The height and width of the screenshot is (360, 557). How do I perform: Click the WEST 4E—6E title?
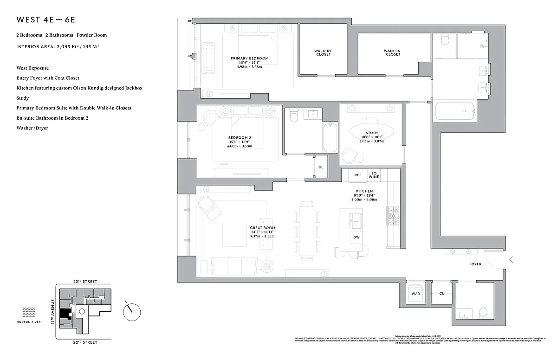[x=45, y=20]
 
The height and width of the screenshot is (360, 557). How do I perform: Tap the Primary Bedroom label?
[x=250, y=58]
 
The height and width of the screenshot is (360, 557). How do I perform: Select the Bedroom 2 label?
[x=240, y=138]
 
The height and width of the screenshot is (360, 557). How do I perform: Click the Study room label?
[x=372, y=133]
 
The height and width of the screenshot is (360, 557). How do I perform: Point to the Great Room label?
[x=262, y=228]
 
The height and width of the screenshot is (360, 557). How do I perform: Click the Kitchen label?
[x=364, y=191]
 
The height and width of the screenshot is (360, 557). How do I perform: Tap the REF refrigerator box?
[x=357, y=175]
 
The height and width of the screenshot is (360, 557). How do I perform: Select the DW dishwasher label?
[x=356, y=237]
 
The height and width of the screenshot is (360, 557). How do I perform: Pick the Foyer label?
[x=475, y=264]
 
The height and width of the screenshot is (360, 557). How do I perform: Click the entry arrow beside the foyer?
[x=511, y=260]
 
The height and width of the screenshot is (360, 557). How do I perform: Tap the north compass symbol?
[x=131, y=311]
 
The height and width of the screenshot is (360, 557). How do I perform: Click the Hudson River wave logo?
[x=29, y=312]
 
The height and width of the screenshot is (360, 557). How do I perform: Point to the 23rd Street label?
[x=84, y=282]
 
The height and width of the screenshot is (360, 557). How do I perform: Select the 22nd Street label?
[x=84, y=342]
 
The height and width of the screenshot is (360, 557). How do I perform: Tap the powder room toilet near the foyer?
[x=482, y=312]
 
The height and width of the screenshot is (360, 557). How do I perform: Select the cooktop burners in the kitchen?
[x=393, y=215]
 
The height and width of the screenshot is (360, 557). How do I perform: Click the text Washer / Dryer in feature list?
[x=32, y=128]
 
